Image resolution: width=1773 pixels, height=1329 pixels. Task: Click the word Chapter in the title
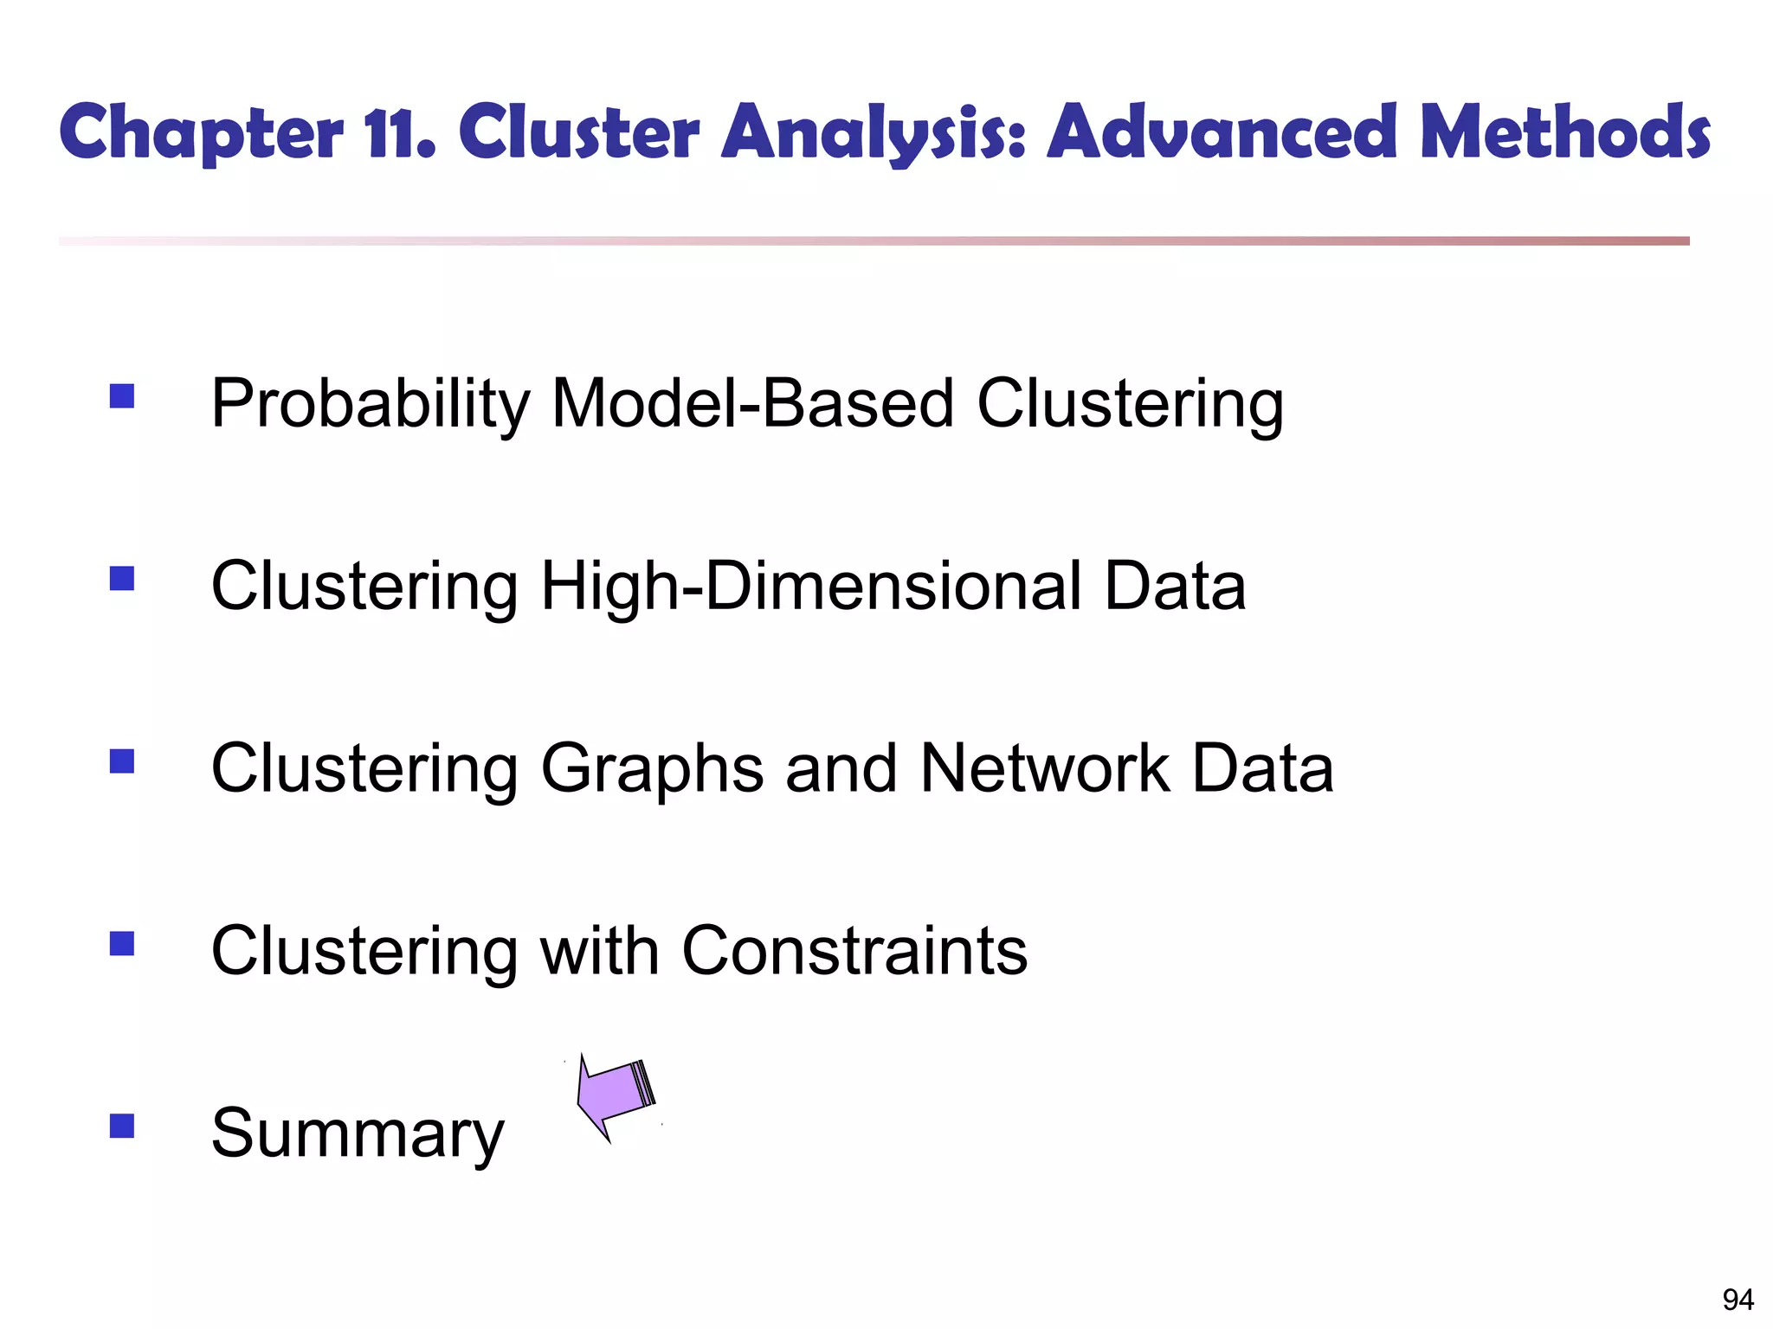point(201,133)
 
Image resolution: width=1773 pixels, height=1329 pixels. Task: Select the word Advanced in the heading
point(1222,133)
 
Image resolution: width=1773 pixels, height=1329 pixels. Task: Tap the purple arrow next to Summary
point(614,1097)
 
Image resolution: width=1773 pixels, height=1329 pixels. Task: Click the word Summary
point(357,1133)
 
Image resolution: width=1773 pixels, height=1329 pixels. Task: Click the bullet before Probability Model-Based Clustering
point(122,395)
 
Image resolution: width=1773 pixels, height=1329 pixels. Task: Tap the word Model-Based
point(752,404)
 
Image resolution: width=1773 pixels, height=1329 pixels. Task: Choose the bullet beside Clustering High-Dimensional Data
point(122,578)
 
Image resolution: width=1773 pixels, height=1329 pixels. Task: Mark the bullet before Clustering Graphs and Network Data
point(122,761)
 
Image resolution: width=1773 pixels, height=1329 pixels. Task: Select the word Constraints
point(854,951)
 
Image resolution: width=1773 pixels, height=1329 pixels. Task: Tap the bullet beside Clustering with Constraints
point(122,943)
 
